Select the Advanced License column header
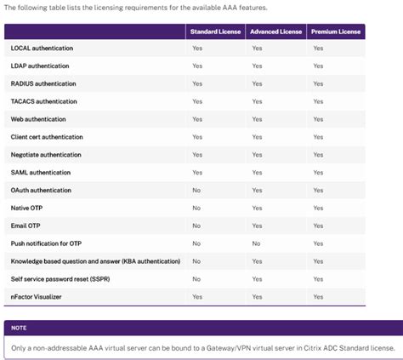point(275,31)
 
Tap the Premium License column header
point(336,31)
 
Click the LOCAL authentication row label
point(40,49)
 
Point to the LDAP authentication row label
point(40,66)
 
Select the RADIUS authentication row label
point(43,84)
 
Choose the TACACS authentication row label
point(44,101)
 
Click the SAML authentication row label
point(41,173)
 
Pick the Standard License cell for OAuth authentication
point(196,190)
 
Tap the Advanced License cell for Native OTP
point(256,208)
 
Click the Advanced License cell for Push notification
point(255,243)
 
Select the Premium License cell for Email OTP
point(318,226)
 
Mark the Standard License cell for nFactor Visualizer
point(197,296)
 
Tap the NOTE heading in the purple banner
point(20,328)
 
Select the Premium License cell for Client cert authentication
point(318,137)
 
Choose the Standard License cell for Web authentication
point(197,119)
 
